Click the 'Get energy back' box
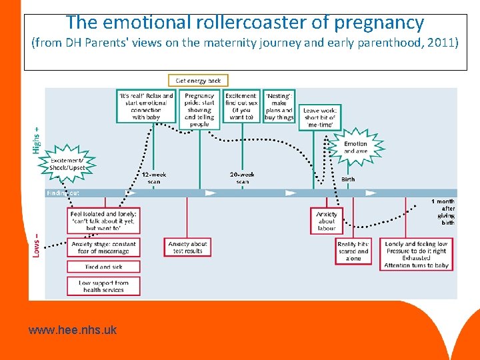point(198,81)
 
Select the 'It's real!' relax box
point(146,106)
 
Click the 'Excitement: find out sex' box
point(241,106)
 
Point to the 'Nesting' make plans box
point(279,106)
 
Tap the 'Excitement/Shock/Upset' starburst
point(67,164)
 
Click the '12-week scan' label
point(154,178)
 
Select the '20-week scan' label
point(242,178)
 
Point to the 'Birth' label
point(348,179)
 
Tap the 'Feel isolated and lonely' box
point(103,221)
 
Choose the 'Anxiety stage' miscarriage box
point(103,247)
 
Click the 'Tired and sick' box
point(103,267)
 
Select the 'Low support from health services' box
point(103,286)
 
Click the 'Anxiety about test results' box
point(187,247)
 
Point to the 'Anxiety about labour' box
point(327,221)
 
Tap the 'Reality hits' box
point(353,251)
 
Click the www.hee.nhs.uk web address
point(73,329)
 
